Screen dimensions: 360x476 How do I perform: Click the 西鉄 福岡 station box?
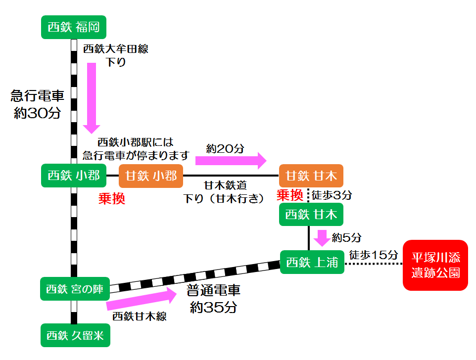coord(74,27)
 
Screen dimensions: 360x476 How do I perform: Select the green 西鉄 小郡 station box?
coord(74,175)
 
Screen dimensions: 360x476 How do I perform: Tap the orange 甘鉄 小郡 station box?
coord(151,175)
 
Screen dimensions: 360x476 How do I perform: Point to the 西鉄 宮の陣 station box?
coord(74,289)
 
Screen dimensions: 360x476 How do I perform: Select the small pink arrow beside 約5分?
coord(323,238)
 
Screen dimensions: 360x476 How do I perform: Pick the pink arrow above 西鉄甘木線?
coord(141,299)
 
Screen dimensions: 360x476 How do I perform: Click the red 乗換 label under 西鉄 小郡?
coord(111,199)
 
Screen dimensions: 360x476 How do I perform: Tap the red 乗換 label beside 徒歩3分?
coord(289,195)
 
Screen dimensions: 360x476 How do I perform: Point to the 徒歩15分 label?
coord(374,255)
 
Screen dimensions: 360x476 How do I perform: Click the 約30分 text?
coord(38,113)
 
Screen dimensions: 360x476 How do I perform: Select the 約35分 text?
coord(214,307)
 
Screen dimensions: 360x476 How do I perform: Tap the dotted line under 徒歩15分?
coord(374,265)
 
